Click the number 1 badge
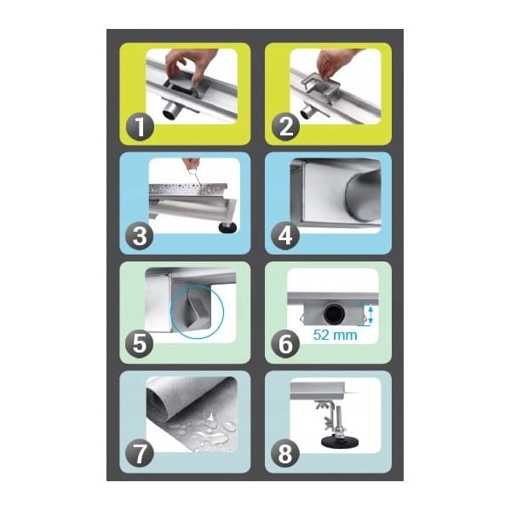(x=140, y=126)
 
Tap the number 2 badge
(x=285, y=126)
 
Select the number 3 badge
(x=140, y=236)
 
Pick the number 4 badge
(x=285, y=236)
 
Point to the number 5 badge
(x=140, y=344)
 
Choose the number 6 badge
(x=285, y=344)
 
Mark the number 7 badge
(x=140, y=453)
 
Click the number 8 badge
(x=285, y=453)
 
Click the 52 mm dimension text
(x=335, y=335)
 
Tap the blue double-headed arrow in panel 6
(x=370, y=313)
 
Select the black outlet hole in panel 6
(x=334, y=313)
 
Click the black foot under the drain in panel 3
(x=227, y=227)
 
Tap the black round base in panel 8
(x=340, y=442)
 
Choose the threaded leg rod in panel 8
(x=339, y=421)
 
